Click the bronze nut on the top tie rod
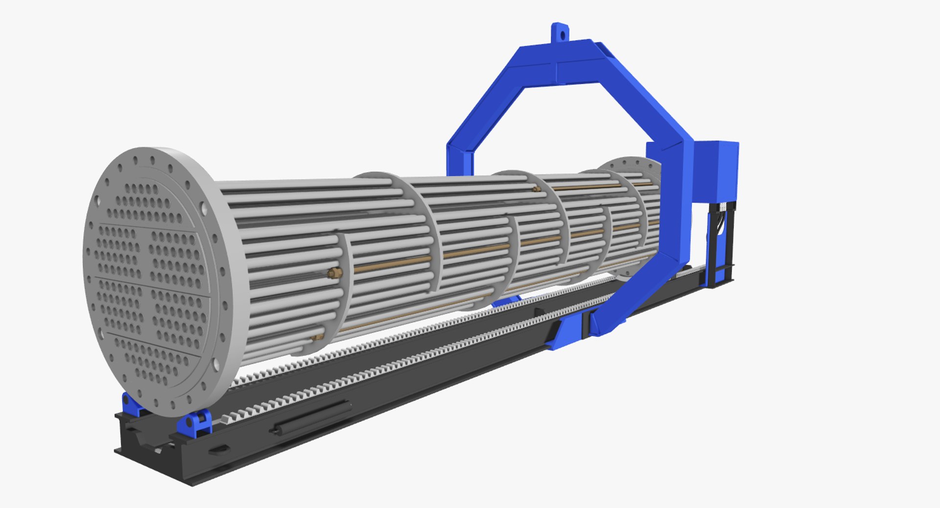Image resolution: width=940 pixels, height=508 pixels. pos(537,188)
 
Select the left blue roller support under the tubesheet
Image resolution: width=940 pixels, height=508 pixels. pos(130,404)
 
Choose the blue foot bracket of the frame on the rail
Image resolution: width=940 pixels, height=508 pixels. pos(568,333)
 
